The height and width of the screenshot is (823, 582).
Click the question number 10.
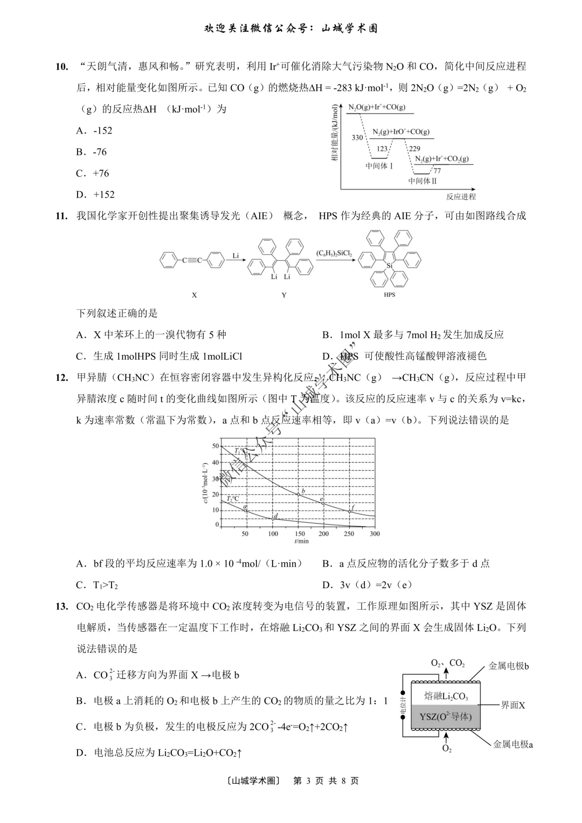(62, 67)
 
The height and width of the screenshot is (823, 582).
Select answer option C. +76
(93, 173)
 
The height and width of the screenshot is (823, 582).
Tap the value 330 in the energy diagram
(357, 138)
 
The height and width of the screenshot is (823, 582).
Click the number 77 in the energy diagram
(437, 171)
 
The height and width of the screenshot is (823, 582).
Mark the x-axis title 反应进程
(461, 197)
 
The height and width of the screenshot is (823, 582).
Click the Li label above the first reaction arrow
(235, 255)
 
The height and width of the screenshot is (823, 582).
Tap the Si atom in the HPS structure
(390, 266)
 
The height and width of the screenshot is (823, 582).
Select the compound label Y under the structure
(284, 295)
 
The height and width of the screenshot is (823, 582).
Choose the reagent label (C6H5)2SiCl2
(334, 253)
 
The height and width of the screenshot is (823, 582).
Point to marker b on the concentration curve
(303, 491)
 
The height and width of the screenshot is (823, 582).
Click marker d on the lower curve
(276, 517)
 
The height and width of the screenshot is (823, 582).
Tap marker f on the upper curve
(353, 507)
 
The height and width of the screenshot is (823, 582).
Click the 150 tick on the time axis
(300, 534)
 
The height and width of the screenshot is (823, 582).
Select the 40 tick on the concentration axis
(216, 463)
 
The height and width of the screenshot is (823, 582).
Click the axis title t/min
(302, 541)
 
